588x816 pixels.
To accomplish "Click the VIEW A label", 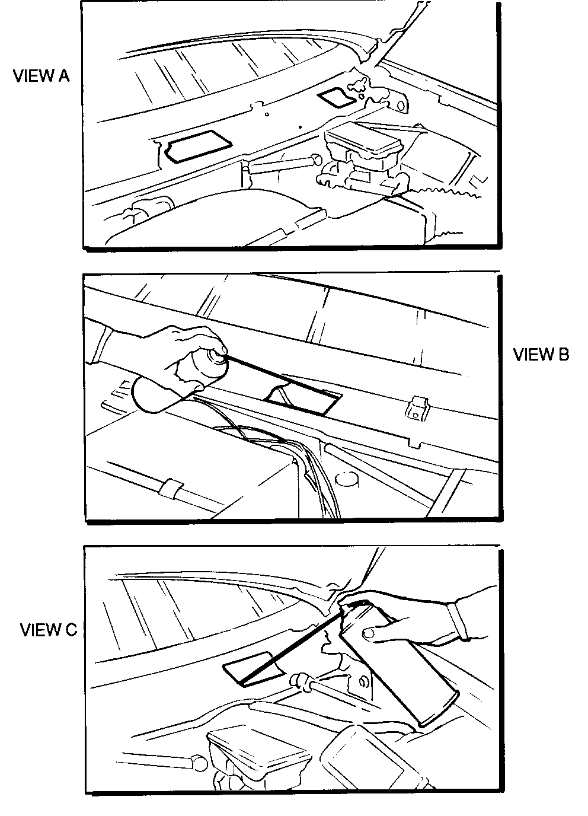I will [x=41, y=76].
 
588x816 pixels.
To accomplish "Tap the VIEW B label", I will [x=541, y=355].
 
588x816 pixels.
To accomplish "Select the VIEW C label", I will [x=49, y=630].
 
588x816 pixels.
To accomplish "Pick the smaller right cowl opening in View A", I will [x=336, y=97].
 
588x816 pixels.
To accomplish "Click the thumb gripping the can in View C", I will [x=372, y=635].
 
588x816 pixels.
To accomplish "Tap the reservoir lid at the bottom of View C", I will [x=258, y=747].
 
